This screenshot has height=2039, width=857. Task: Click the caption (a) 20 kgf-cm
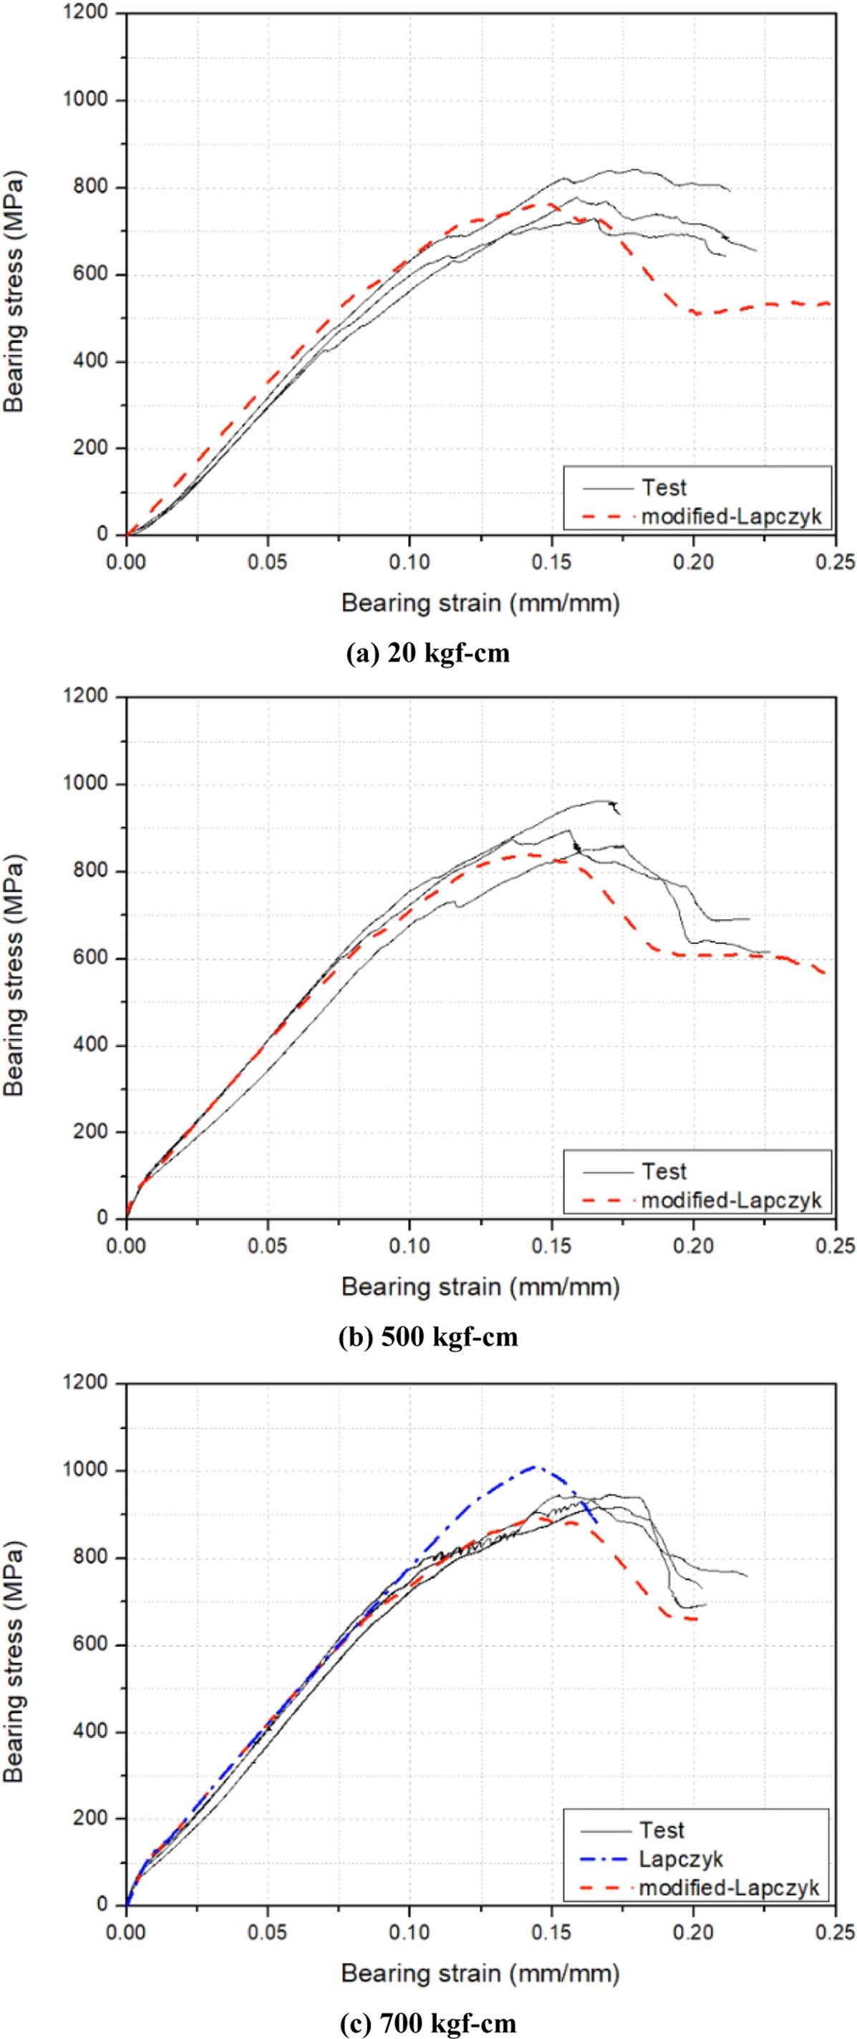428,654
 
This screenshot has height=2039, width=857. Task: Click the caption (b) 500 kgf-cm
428,1337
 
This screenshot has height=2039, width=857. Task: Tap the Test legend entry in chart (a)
664,488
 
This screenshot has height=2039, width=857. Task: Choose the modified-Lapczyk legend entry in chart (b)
731,1200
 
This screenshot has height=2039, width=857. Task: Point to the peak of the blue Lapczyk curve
536,1467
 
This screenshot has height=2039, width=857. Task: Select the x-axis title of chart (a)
480,604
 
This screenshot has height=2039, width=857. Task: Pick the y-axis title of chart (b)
15,976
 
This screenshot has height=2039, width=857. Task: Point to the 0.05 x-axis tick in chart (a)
268,562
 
